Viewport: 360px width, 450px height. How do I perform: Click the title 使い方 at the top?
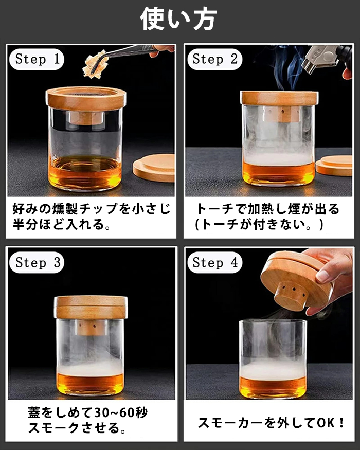[x=178, y=19]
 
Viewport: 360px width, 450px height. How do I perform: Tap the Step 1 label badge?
[x=37, y=60]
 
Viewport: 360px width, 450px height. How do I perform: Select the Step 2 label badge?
[x=215, y=60]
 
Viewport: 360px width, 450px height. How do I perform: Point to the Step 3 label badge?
[x=37, y=262]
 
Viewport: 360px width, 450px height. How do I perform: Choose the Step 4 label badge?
[x=215, y=262]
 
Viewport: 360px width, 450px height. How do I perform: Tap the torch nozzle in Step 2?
[x=319, y=59]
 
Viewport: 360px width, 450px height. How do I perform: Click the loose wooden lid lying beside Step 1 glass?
[x=154, y=168]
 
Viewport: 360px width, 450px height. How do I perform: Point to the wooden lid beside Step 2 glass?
[x=334, y=166]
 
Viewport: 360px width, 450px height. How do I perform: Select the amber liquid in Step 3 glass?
[x=91, y=384]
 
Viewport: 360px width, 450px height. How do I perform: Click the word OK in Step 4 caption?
[x=326, y=423]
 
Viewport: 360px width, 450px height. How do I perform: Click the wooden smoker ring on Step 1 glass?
[x=86, y=99]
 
